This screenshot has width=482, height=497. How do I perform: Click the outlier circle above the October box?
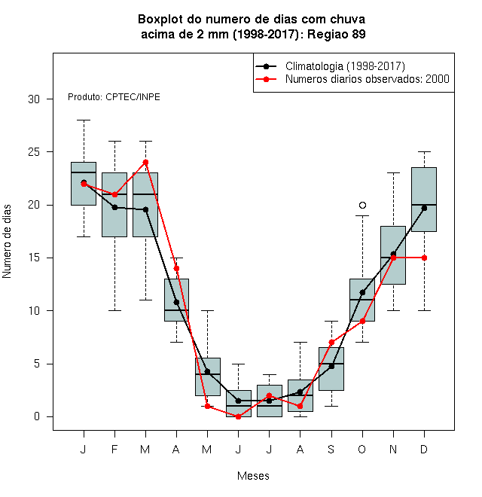click(362, 205)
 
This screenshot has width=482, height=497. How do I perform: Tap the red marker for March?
click(145, 163)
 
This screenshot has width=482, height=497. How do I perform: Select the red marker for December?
click(424, 258)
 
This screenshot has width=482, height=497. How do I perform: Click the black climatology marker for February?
click(114, 207)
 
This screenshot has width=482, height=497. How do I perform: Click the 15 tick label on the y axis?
click(34, 258)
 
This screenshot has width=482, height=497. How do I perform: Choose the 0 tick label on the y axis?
click(37, 416)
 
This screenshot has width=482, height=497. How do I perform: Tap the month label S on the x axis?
click(331, 449)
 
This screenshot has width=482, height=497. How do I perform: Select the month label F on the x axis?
click(114, 449)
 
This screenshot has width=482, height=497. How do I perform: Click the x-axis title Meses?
click(253, 476)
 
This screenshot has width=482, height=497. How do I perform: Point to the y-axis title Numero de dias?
click(7, 242)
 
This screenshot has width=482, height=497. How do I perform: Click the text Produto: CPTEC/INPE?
click(114, 96)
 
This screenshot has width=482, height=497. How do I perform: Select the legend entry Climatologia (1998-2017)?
click(345, 66)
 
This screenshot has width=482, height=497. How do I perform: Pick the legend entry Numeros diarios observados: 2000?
click(368, 79)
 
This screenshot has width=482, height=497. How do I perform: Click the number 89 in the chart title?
click(358, 34)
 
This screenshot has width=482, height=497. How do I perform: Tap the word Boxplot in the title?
click(160, 20)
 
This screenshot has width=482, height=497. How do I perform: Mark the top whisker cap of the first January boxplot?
click(84, 120)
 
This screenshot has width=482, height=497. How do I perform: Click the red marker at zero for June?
click(239, 416)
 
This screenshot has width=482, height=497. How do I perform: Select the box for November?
click(393, 255)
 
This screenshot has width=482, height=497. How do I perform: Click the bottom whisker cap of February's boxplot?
click(114, 310)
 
